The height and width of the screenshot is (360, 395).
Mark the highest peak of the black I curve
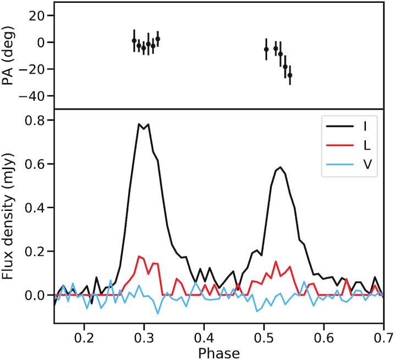pos(140,124)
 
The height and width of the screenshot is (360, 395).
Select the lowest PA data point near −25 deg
pos(290,74)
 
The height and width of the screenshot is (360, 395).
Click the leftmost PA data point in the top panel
pos(134,41)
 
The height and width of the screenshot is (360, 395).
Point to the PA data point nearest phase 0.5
pos(266,49)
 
